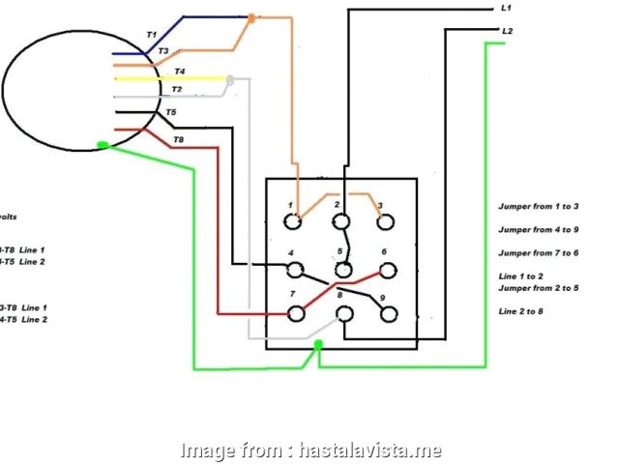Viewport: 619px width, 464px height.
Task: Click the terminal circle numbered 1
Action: point(293,221)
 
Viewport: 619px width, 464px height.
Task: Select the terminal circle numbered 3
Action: point(386,221)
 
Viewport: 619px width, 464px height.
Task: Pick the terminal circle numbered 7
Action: point(296,312)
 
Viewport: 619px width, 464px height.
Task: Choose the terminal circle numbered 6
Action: point(387,268)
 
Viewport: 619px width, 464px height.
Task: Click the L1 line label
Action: point(506,8)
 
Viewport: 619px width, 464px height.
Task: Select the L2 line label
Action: point(507,31)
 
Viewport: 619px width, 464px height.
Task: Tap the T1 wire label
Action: point(151,35)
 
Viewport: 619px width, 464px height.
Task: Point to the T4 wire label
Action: point(180,72)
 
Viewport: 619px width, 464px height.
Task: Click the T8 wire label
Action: point(178,141)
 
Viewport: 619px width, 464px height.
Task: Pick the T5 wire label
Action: point(171,113)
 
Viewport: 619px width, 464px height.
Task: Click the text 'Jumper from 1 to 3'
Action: point(538,207)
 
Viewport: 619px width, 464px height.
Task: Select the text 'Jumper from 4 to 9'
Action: point(538,230)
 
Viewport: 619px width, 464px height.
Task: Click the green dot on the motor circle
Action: point(102,146)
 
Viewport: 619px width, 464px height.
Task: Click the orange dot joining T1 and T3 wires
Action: point(251,17)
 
